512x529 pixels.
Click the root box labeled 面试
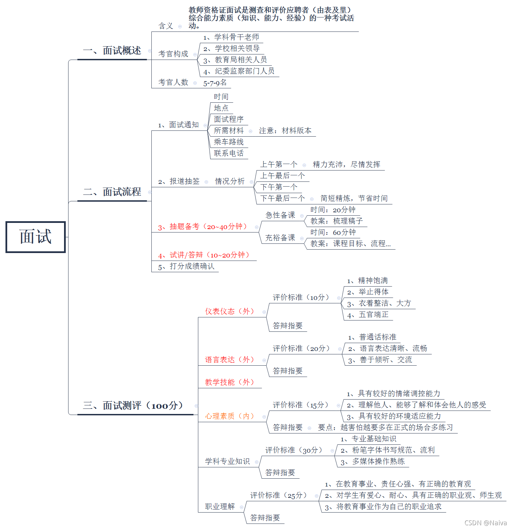36,237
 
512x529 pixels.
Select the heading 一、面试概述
112,51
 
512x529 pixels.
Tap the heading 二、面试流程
112,192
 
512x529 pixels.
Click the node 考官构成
173,54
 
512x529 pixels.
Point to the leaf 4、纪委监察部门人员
239,71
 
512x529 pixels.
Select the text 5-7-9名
215,83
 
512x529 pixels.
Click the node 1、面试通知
178,125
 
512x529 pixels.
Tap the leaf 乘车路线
229,142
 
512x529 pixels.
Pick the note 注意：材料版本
285,131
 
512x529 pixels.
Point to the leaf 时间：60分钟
333,232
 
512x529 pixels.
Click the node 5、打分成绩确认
186,266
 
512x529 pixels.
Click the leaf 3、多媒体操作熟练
373,462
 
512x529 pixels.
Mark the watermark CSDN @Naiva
486,523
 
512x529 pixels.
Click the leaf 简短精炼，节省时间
354,199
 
